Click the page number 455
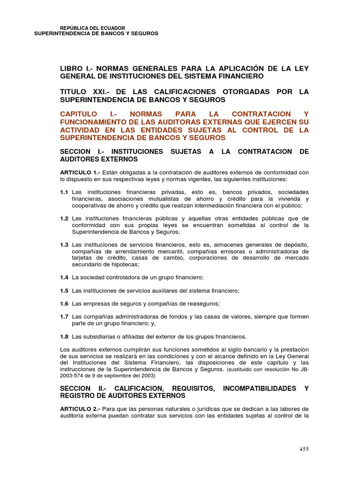pos(304,449)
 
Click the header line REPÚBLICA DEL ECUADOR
pos(93,28)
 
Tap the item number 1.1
pos(64,193)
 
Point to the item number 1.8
pos(64,337)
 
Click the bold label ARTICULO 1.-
pos(80,172)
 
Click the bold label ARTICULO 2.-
pos(80,409)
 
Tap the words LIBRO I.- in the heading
pos(75,68)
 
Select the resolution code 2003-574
pos(74,376)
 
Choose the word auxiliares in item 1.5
pos(162,291)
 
